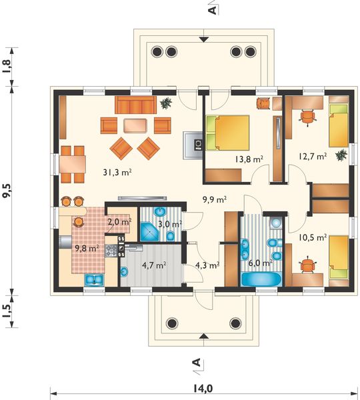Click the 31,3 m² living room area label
[x=117, y=173]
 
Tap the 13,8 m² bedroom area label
[x=249, y=159]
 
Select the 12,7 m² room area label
[x=313, y=157]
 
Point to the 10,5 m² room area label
[x=313, y=237]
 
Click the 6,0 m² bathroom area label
[x=260, y=263]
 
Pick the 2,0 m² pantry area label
[x=119, y=221]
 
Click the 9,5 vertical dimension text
[x=7, y=190]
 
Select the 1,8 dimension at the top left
[x=7, y=66]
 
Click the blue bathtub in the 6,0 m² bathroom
[x=261, y=279]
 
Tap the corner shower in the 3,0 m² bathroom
[x=149, y=231]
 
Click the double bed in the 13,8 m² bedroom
[x=227, y=133]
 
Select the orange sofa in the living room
[x=135, y=105]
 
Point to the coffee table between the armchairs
[x=135, y=125]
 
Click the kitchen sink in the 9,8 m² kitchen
[x=93, y=279]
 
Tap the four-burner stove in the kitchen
[x=111, y=250]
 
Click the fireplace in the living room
[x=193, y=145]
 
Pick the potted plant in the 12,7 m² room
[x=341, y=155]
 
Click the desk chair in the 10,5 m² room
[x=308, y=266]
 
